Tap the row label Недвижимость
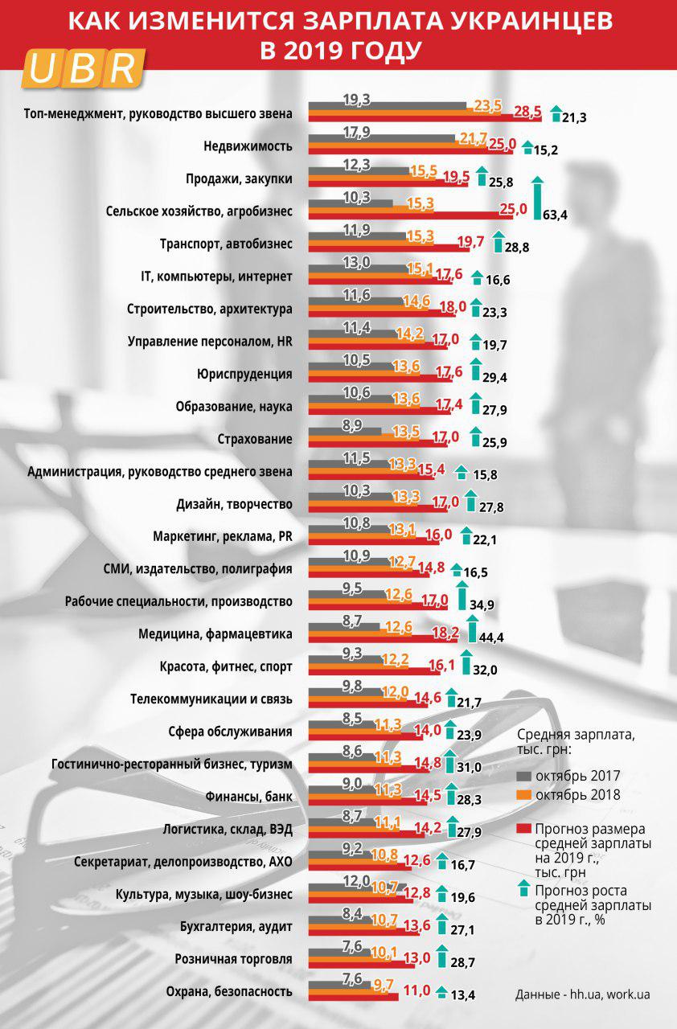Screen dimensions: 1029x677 [x=248, y=146]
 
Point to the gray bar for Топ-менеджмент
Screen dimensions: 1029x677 [x=387, y=105]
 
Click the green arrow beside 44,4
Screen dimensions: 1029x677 [x=473, y=628]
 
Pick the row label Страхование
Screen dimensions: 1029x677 [x=255, y=440]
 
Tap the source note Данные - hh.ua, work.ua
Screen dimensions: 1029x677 [x=582, y=994]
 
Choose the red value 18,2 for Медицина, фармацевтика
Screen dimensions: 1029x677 [x=445, y=633]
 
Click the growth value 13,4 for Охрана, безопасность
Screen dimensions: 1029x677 [x=463, y=995]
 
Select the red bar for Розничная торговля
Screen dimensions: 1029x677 [x=370, y=963]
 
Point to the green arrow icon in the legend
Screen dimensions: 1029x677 [x=524, y=889]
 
